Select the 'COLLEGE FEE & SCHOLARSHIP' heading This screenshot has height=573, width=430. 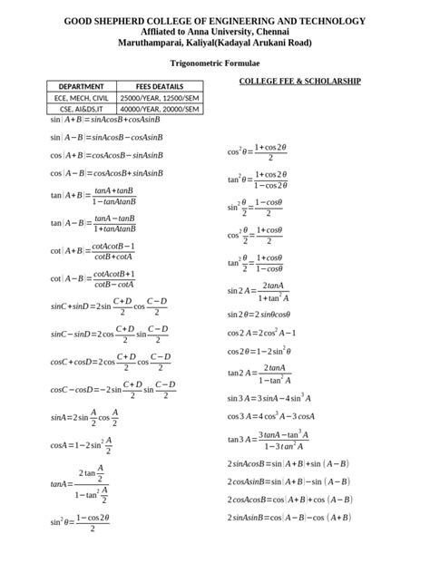299,81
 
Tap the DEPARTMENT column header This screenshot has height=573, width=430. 82,86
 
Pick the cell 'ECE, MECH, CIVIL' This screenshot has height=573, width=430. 82,97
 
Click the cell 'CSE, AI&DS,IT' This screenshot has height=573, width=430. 82,108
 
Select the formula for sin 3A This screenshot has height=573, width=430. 269,398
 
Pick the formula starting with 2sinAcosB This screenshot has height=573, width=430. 288,463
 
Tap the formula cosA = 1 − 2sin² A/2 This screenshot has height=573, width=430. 82,445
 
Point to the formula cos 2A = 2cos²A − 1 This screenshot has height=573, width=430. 261,332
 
